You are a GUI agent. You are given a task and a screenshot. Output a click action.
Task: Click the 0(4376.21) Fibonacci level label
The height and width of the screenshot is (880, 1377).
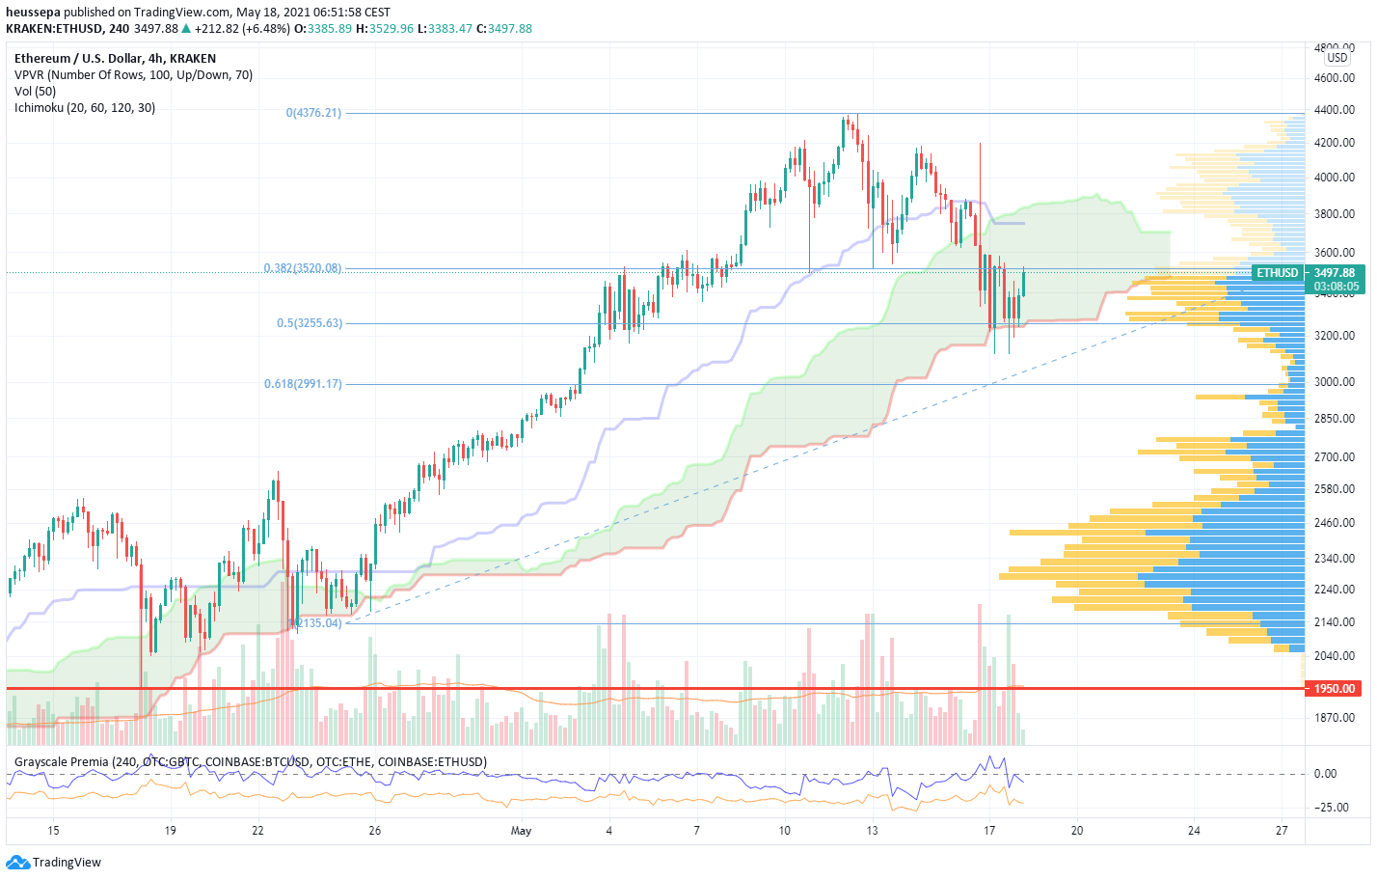[313, 113]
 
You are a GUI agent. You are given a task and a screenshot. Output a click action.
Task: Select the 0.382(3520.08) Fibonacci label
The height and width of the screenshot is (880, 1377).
[303, 268]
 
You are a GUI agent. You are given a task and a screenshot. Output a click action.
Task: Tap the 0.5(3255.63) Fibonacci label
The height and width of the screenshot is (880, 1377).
[310, 323]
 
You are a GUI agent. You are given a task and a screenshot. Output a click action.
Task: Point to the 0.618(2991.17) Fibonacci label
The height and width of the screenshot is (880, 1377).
[303, 384]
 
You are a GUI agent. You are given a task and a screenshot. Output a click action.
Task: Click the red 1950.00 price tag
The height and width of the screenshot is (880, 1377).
[1335, 689]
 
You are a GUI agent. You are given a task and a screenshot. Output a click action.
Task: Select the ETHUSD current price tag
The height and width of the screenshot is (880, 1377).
[1278, 273]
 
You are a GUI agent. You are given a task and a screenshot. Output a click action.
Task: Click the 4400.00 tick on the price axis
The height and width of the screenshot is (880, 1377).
[1335, 110]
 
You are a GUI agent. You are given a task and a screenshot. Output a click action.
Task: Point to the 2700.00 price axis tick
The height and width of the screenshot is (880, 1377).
[1335, 457]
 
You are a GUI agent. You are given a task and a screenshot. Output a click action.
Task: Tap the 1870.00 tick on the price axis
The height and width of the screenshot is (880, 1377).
[1335, 718]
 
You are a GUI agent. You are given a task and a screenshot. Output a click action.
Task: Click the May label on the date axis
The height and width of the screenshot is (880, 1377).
[521, 831]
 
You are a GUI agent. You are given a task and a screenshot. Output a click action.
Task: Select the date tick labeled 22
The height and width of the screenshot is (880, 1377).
[257, 831]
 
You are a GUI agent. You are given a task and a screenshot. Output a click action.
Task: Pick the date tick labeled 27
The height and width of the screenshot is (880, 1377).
[1282, 831]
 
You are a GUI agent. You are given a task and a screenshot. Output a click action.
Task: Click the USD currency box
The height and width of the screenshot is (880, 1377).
[1337, 58]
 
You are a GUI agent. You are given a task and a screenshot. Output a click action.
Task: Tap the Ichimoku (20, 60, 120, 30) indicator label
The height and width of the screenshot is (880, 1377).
[85, 108]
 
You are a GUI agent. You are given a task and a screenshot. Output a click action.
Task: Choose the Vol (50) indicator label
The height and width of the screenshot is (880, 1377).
[36, 92]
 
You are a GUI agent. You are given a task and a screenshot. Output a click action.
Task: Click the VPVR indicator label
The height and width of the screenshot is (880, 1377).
[133, 75]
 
